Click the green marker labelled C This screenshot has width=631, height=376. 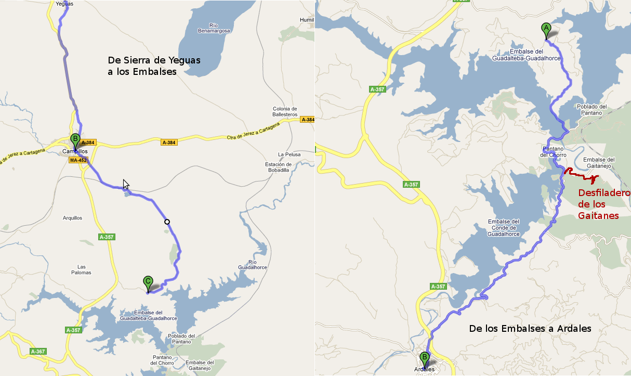tap(148, 282)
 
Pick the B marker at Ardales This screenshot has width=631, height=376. tap(425, 358)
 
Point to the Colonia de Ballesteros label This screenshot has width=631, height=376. tap(285, 111)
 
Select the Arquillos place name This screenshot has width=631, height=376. tap(72, 218)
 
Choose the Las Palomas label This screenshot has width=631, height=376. tap(81, 269)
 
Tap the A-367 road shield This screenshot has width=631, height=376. tap(38, 352)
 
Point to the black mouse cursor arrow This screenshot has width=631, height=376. tap(125, 184)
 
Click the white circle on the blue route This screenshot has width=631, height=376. tap(167, 222)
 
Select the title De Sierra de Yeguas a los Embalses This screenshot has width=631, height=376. tap(154, 66)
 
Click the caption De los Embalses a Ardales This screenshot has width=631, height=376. tap(530, 329)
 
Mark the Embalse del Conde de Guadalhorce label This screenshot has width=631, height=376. tap(504, 228)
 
